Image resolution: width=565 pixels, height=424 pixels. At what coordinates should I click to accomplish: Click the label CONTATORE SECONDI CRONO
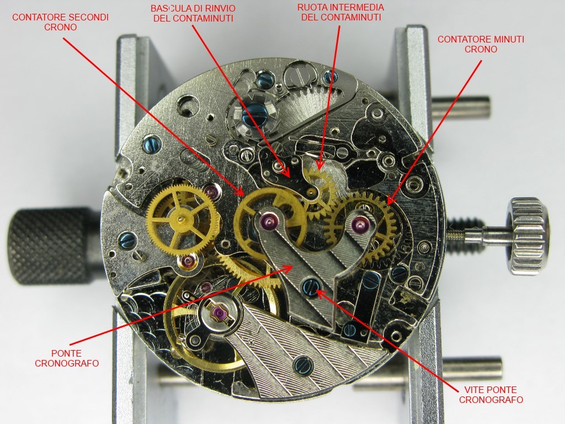(60, 22)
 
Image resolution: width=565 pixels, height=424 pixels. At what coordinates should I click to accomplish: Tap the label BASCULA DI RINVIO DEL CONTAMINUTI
(193, 13)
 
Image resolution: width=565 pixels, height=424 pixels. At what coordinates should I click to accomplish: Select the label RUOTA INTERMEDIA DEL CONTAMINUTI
(341, 12)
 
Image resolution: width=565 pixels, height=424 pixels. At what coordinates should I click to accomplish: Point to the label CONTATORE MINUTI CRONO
(481, 44)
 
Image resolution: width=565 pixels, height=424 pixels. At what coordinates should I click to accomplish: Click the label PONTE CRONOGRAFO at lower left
(67, 358)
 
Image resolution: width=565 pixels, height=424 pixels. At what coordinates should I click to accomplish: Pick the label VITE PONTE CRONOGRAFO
(491, 394)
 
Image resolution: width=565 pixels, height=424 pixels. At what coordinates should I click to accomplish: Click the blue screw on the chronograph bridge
(311, 287)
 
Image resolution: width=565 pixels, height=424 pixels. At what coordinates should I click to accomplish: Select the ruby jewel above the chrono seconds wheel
(269, 219)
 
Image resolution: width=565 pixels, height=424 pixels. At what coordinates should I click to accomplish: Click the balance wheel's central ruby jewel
(218, 313)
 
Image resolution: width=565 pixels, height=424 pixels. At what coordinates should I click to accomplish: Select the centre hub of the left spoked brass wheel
(180, 219)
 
